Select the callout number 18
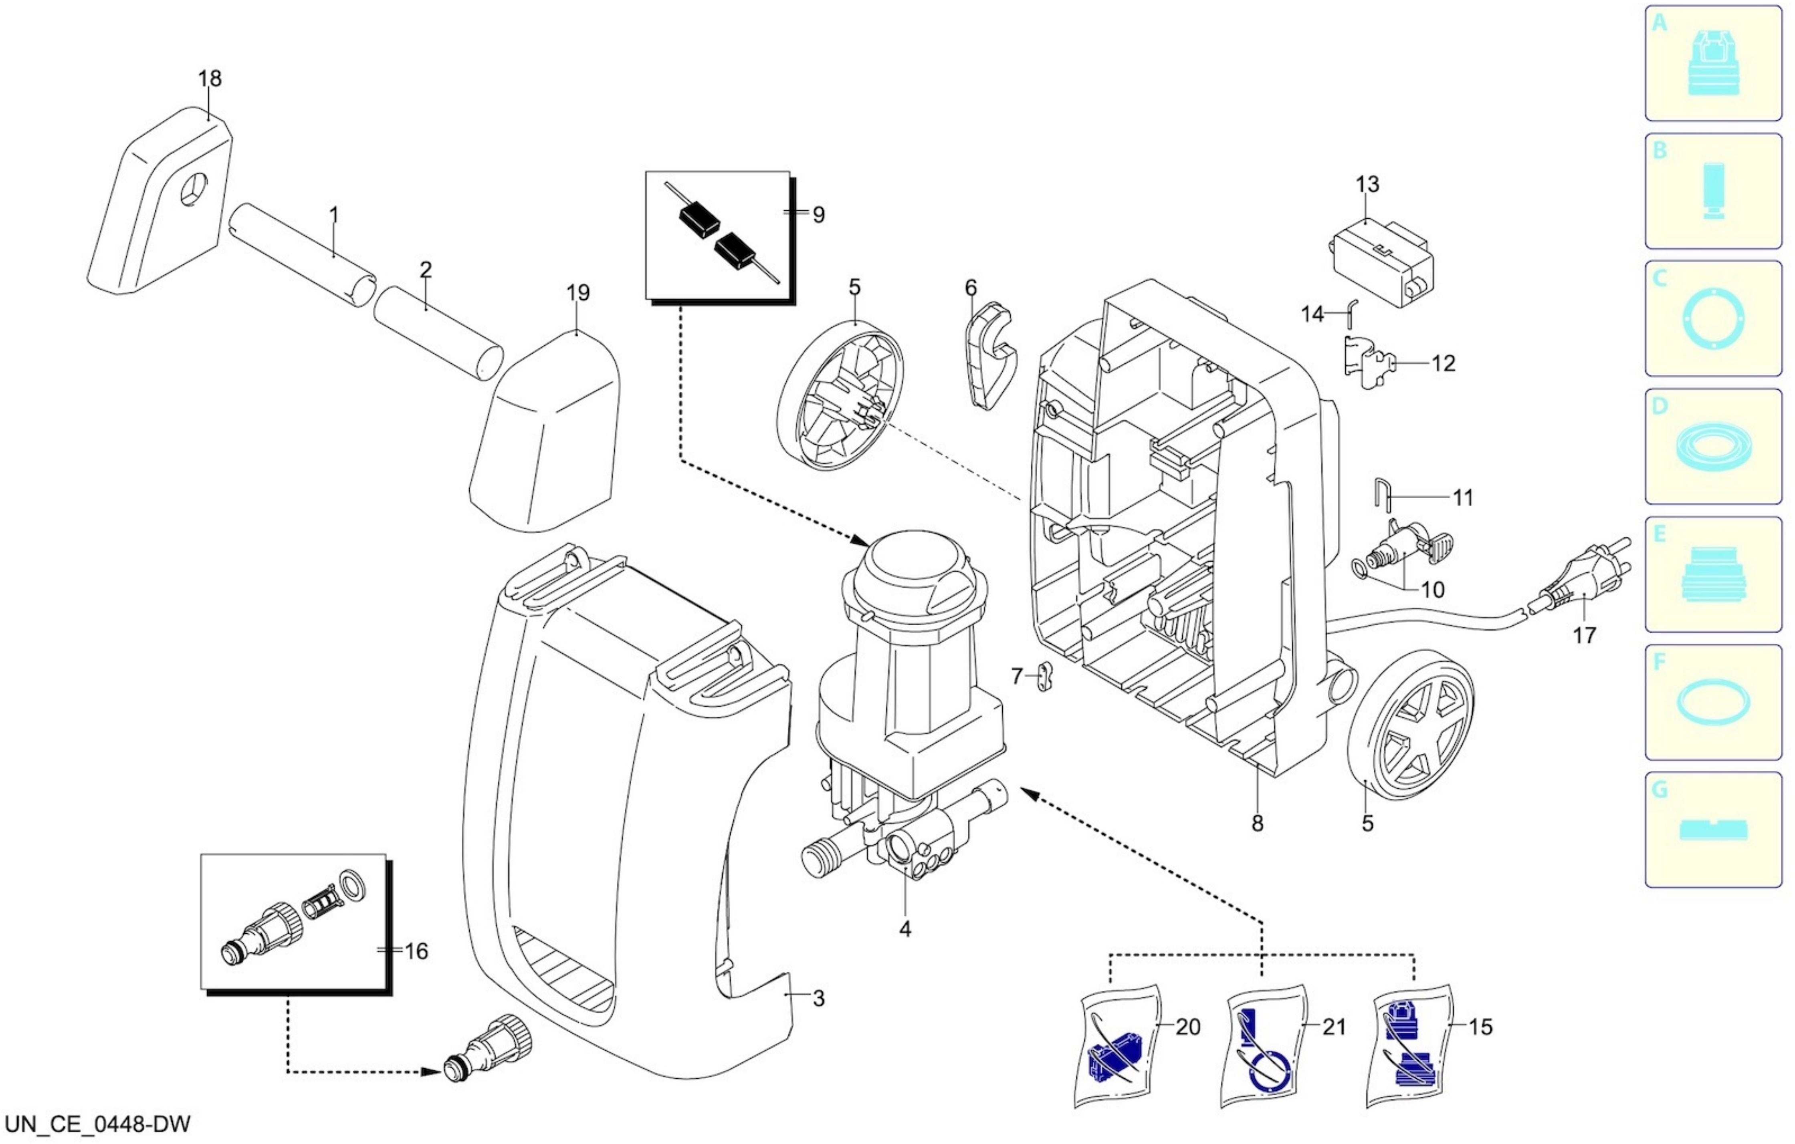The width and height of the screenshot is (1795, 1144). click(x=210, y=78)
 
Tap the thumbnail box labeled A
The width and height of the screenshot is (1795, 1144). click(x=1713, y=63)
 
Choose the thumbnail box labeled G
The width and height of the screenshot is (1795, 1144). click(x=1713, y=830)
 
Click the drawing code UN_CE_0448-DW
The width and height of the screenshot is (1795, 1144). click(x=97, y=1123)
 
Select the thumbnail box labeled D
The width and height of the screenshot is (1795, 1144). click(x=1713, y=446)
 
